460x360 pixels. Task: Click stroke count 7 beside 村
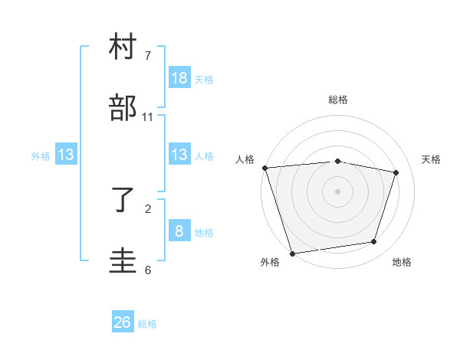tap(148, 56)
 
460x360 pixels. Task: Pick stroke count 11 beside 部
tap(148, 117)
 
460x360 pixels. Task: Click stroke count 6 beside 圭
tap(148, 270)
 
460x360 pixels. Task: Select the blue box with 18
tap(179, 78)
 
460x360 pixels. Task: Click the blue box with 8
tap(179, 231)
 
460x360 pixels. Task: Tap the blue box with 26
tap(123, 322)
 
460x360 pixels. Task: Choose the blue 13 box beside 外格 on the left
tap(66, 155)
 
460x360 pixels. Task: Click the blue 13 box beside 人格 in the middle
tap(179, 155)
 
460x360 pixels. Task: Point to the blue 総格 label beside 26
tap(147, 324)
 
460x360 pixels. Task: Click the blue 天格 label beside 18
tap(204, 80)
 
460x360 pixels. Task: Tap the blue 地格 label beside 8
tap(204, 233)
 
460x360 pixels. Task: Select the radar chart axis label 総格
tap(337, 100)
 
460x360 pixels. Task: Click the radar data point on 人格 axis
tap(264, 168)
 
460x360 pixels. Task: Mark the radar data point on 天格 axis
tap(396, 172)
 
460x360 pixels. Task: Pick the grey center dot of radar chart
tap(337, 191)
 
